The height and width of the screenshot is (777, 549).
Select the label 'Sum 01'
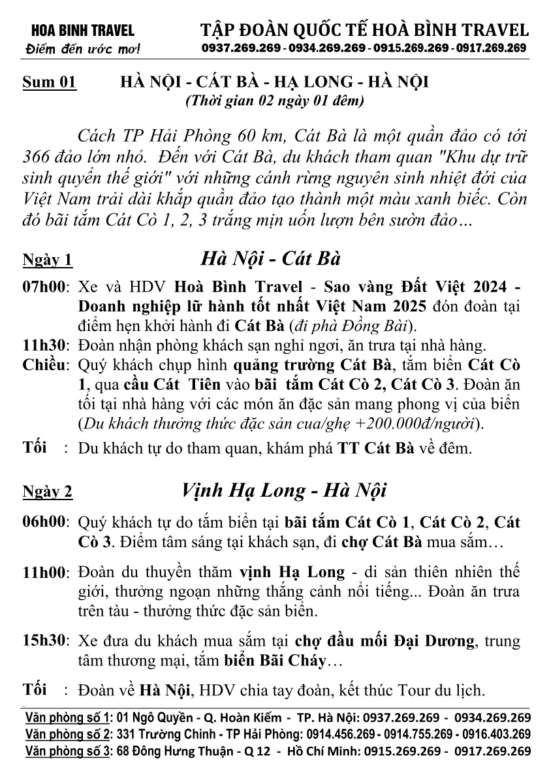[50, 83]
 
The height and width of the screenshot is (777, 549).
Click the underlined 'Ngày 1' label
[48, 260]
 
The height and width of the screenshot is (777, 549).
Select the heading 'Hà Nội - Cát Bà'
[271, 258]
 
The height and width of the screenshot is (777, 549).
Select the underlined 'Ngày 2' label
[48, 492]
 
